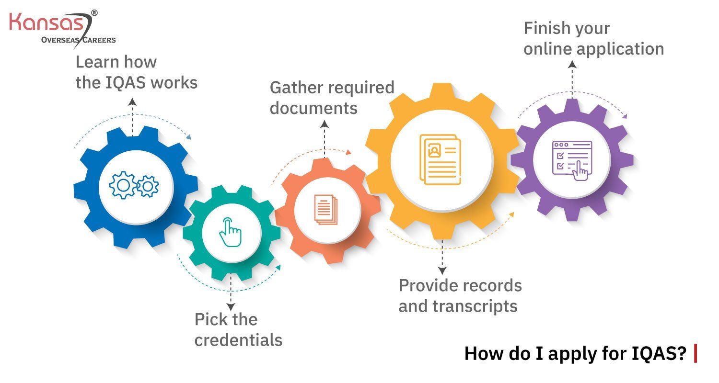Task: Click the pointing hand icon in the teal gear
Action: click(x=231, y=233)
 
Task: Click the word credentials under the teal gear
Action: click(x=238, y=340)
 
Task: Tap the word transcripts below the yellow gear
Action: click(x=475, y=306)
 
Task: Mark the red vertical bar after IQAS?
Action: click(x=696, y=354)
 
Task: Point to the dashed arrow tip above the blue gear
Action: click(x=132, y=101)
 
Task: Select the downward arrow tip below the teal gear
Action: click(x=231, y=307)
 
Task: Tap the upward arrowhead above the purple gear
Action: click(x=571, y=64)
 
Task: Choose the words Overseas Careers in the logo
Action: click(x=78, y=40)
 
